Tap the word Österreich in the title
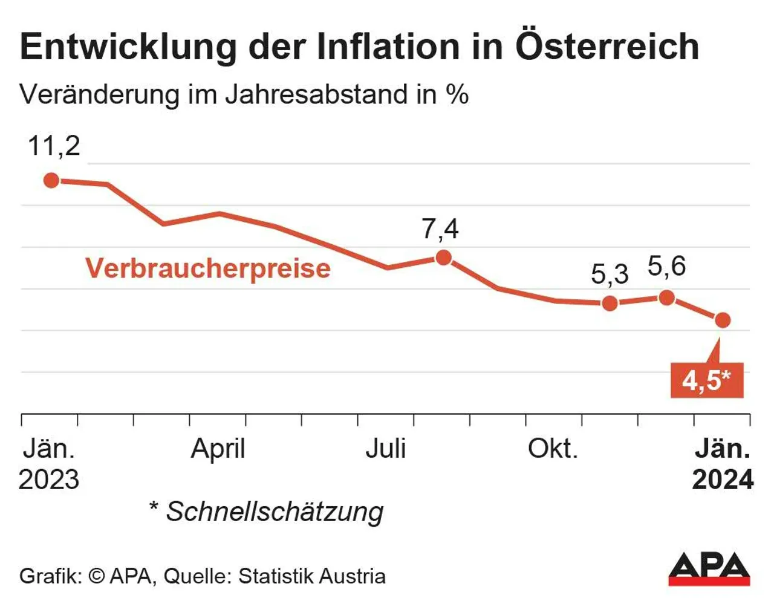[607, 47]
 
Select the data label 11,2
[54, 146]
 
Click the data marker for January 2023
[51, 180]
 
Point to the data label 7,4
[440, 229]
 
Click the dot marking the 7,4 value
[443, 258]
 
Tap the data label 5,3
[610, 275]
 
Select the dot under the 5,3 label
[610, 303]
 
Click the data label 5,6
[666, 266]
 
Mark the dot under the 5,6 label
[666, 297]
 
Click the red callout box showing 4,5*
[706, 380]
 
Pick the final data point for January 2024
[723, 320]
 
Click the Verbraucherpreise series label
[208, 268]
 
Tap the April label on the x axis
[218, 449]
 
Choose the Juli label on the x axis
[385, 449]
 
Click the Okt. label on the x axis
[553, 449]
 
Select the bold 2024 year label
[723, 479]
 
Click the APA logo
[709, 568]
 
